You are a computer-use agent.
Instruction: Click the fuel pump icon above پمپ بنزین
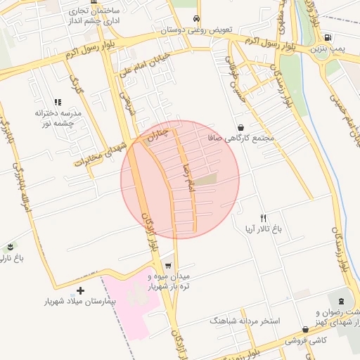330,37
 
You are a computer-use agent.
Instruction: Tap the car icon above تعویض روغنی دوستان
195,19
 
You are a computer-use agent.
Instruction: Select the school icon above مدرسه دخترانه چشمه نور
57,102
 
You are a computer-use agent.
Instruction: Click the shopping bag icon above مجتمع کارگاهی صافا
241,127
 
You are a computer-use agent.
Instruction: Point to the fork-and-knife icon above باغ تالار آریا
264,218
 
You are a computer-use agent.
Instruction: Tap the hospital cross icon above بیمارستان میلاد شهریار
81,290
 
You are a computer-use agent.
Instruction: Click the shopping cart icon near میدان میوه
168,265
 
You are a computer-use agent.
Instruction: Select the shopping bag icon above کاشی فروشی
305,328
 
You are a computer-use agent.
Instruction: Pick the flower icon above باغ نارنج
11,247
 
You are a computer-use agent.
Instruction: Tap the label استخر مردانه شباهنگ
245,321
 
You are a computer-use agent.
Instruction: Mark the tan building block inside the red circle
206,180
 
